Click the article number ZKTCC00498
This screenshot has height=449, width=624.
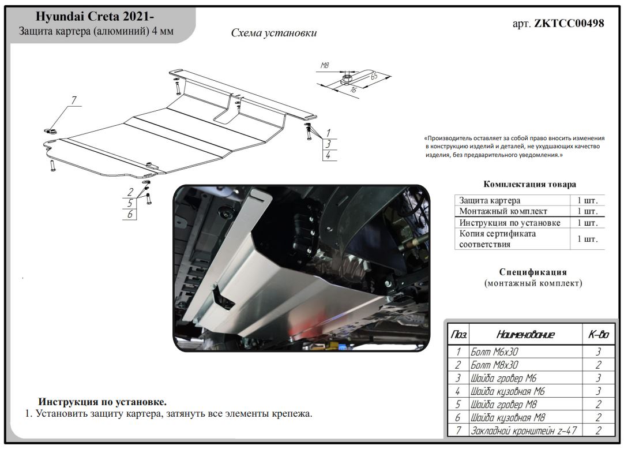pos(569,24)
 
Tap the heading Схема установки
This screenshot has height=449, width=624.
pos(273,33)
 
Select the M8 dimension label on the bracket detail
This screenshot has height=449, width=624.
pos(325,66)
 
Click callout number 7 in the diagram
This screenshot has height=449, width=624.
pos(73,100)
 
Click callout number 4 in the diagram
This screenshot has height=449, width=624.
pos(328,155)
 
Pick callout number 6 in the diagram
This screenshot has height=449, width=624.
pos(130,214)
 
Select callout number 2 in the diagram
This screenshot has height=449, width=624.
pos(130,192)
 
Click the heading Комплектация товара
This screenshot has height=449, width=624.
pos(529,185)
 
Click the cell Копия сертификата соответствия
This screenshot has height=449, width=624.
pos(497,239)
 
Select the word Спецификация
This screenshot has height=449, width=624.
pos(533,272)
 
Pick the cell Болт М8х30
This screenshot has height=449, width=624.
pos(494,365)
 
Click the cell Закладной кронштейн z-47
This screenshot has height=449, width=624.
pos(523,431)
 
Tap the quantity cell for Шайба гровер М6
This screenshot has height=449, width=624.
pos(598,378)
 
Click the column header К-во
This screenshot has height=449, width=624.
pos(598,335)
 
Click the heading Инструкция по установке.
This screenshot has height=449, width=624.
pos(102,402)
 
